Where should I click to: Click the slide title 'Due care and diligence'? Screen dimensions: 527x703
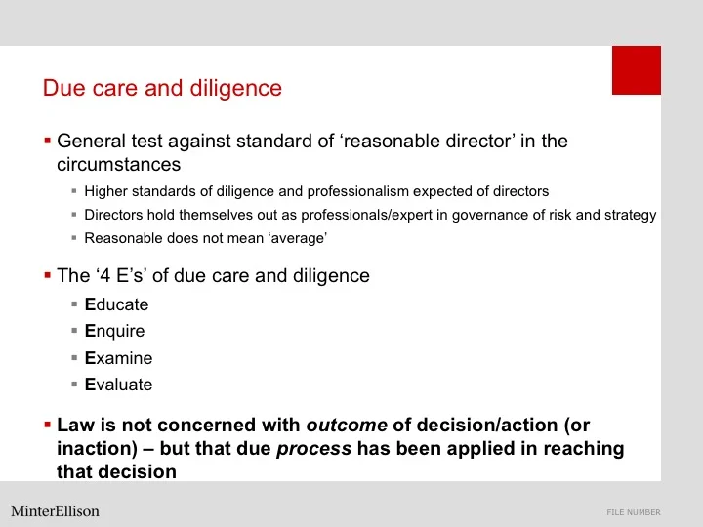point(162,89)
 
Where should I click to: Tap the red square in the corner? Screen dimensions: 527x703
point(636,70)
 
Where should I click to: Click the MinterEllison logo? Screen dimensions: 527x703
point(55,511)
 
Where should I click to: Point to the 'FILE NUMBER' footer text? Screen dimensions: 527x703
point(633,512)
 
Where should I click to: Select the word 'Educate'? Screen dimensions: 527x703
point(117,304)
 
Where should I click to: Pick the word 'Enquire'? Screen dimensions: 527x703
point(115,331)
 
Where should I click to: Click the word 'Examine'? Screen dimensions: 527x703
point(118,358)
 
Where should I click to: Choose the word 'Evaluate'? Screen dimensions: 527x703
point(119,385)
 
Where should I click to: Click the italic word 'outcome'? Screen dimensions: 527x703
point(347,426)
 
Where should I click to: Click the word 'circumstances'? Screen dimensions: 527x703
point(118,164)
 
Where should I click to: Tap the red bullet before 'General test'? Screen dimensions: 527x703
point(47,141)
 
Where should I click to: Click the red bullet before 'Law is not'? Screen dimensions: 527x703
point(47,426)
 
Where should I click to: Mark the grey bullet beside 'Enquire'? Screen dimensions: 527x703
point(74,331)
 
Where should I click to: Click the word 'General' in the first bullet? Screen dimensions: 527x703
point(94,141)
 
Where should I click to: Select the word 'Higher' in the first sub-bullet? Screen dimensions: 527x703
point(105,191)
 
